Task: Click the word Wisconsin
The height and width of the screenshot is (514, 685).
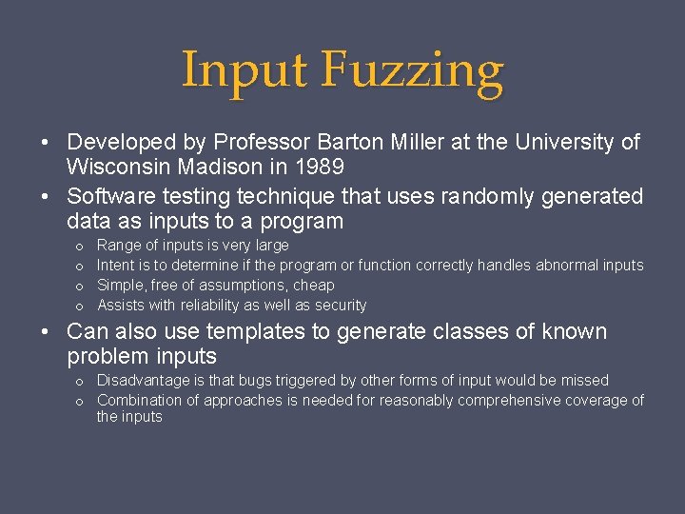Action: [113, 168]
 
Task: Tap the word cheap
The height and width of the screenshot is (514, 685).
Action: [315, 285]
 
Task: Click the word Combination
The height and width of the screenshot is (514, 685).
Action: [141, 400]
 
